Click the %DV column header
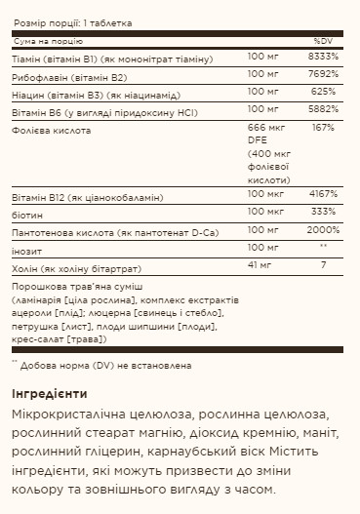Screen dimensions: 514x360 323,41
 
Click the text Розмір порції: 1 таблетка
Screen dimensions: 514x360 72,21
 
